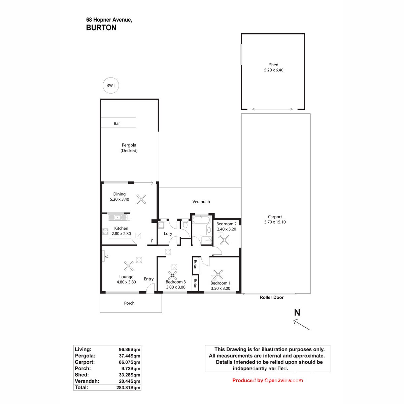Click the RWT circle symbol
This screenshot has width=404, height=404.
coord(111,86)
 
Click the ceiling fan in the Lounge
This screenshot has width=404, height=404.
coord(129,266)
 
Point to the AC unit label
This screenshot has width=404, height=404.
coord(106,257)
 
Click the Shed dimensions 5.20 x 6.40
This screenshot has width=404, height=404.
coord(273,70)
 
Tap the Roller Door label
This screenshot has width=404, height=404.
coord(271,297)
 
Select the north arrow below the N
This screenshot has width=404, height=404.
coord(302,325)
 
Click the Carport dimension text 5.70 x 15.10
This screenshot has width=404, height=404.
coord(275,222)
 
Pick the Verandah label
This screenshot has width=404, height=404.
coord(201,202)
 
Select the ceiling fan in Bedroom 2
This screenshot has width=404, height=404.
coord(224,240)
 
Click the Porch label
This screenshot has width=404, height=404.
coord(129,303)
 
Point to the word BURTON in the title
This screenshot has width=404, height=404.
coord(101,28)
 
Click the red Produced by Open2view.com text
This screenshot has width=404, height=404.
coord(267,380)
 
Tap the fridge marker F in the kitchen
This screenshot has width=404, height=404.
coord(152,241)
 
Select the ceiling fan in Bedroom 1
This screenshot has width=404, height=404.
coord(218,275)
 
